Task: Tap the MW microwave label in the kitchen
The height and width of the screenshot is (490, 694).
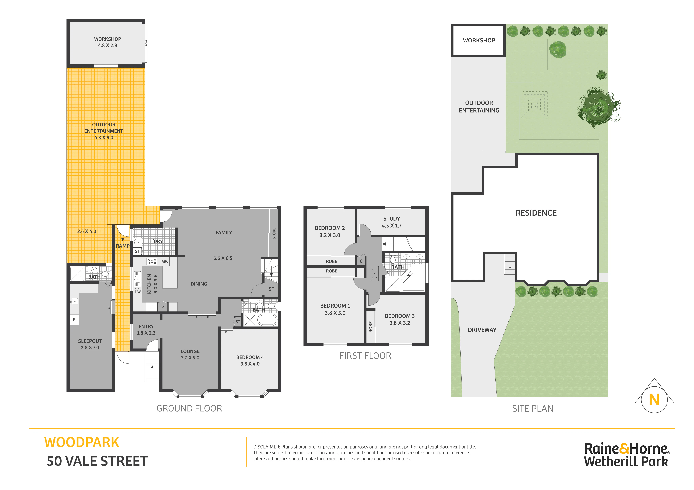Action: [165, 262]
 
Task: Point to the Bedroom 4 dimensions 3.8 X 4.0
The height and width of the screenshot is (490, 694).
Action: [250, 364]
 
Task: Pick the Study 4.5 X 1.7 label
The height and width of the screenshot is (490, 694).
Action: [392, 222]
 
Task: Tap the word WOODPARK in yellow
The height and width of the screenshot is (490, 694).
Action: [82, 443]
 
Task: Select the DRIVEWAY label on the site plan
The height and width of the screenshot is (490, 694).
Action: [482, 330]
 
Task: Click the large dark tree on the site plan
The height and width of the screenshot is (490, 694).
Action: [598, 107]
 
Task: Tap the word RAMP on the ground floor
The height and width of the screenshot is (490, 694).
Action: [122, 246]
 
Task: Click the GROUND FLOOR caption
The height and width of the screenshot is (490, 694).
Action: [189, 408]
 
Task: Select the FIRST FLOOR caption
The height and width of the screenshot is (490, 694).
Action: [365, 356]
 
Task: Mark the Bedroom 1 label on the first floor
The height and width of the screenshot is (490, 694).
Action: [335, 309]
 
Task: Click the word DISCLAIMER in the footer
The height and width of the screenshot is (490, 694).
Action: [266, 447]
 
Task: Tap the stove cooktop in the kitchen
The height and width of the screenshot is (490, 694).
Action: [152, 262]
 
